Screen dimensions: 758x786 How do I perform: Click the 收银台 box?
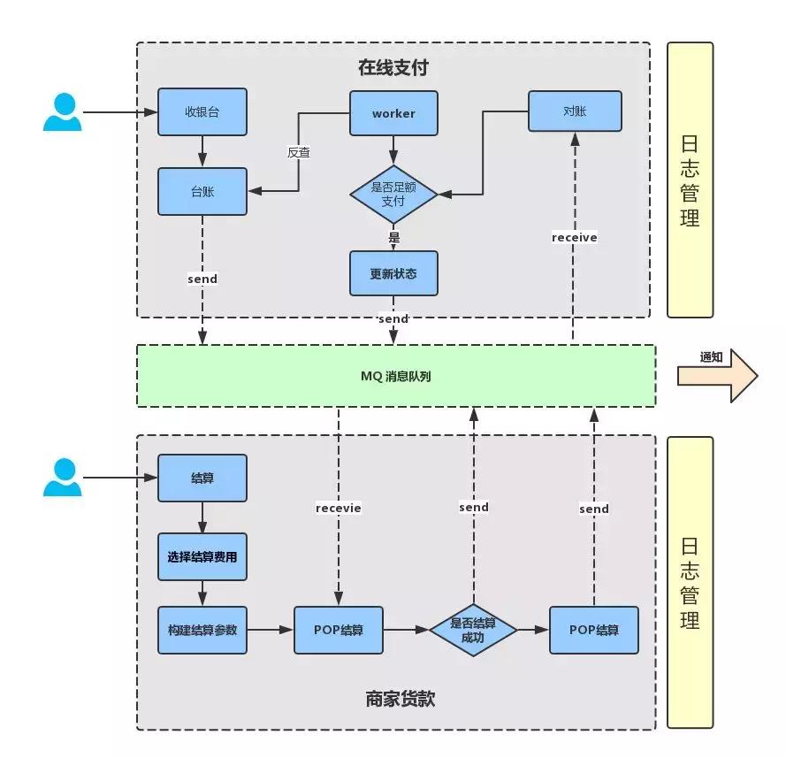(x=202, y=112)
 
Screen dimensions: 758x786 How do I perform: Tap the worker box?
(x=393, y=113)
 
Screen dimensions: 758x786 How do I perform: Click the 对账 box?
(x=575, y=111)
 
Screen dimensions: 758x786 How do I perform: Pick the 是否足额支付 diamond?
(x=393, y=195)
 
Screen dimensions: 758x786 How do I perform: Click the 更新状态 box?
(x=393, y=272)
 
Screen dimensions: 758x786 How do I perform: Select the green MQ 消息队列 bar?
(x=395, y=376)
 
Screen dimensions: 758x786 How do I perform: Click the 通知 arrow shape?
(x=717, y=375)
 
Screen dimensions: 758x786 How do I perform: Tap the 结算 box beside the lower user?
(x=202, y=478)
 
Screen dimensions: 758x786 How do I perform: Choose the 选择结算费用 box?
(x=202, y=557)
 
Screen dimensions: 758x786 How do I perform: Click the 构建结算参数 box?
(x=202, y=630)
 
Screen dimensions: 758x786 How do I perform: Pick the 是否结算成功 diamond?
(x=473, y=630)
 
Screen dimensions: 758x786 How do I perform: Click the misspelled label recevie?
(x=339, y=508)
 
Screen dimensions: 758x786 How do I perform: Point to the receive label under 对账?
(x=574, y=237)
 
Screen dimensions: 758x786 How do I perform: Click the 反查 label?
(x=299, y=151)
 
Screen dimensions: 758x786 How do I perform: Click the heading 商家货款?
(x=400, y=699)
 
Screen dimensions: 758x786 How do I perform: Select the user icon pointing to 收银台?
(x=62, y=112)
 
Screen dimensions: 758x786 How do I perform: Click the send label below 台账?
(x=202, y=279)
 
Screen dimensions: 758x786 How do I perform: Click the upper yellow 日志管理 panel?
(x=690, y=180)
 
